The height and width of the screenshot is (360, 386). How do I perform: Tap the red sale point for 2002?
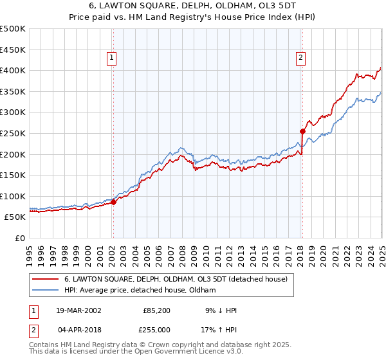coord(113,202)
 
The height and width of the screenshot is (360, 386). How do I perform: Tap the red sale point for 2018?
coord(302,131)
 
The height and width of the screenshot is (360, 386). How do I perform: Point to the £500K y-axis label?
coord(13,29)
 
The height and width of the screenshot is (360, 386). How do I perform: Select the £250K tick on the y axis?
coord(13,133)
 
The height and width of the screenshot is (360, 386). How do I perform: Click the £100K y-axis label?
coord(13,196)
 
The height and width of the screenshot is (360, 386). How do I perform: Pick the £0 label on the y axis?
coord(20,238)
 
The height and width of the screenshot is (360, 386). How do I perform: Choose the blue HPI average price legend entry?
coord(140,290)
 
